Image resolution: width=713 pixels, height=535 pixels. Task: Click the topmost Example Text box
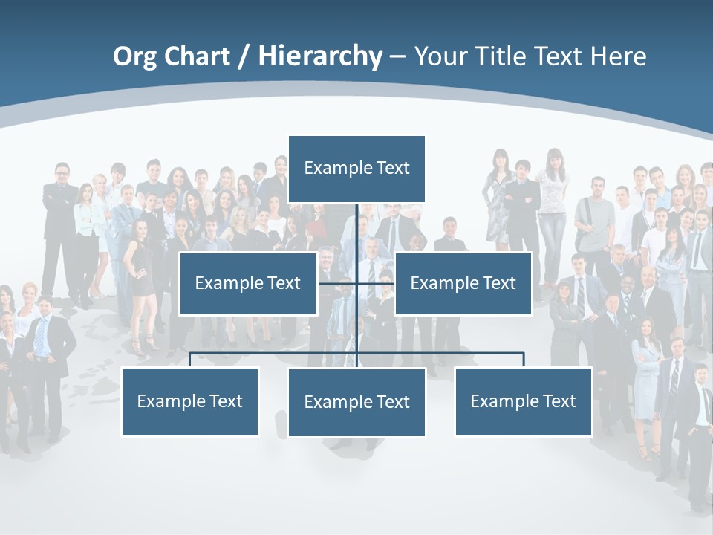356,169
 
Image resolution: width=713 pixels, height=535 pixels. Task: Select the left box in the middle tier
248,283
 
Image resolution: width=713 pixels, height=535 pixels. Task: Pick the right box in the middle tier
463,283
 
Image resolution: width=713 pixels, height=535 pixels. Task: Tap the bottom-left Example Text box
189,401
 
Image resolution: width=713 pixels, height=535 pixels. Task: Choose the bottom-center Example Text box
356,402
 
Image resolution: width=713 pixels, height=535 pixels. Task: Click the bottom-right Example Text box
523,401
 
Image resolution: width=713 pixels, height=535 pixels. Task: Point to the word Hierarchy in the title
320,56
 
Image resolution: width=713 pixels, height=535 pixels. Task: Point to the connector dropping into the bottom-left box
190,360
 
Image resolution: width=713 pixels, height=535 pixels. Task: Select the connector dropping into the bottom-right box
524,360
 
